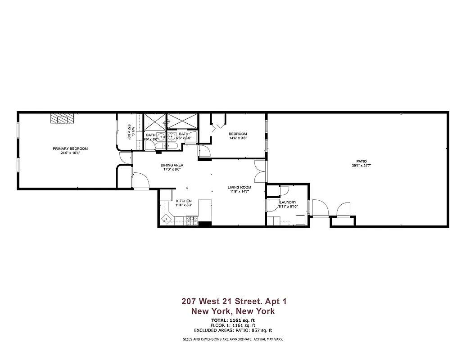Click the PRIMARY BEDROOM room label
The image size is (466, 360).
coord(70,148)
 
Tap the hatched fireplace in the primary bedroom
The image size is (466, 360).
coord(61,118)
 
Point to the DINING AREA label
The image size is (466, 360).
coord(172,165)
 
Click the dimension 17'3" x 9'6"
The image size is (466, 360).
coord(172,170)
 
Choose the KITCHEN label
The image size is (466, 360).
coord(184,201)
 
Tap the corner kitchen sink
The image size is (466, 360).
coord(167,219)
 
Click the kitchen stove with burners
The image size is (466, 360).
coord(192,220)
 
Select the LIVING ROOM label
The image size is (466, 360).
coord(239,187)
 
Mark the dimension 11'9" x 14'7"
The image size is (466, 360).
coord(239,192)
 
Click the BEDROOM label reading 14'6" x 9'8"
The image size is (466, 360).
coord(238,134)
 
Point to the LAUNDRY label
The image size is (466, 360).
coord(288,202)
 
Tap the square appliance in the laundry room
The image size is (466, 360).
coord(300,220)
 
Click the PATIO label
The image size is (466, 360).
coord(362,161)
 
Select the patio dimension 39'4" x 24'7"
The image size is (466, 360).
coord(362,166)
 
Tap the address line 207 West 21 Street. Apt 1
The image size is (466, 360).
coord(233,301)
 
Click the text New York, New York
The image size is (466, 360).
coord(233,311)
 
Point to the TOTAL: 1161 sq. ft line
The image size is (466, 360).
coord(233,320)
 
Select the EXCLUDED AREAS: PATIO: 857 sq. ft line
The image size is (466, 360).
coord(233,330)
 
